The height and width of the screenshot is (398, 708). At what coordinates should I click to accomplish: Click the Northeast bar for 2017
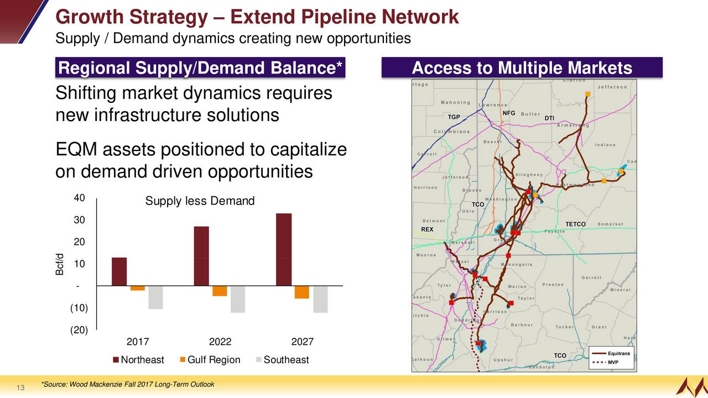[119, 271]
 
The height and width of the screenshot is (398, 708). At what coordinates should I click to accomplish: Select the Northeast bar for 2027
[284, 249]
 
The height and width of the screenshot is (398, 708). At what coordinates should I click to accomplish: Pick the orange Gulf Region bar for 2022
[220, 291]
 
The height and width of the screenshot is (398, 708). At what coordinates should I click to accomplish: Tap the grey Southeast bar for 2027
[320, 299]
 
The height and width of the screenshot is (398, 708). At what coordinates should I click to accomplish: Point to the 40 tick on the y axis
[79, 198]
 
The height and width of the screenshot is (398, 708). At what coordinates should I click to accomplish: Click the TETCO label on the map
[575, 224]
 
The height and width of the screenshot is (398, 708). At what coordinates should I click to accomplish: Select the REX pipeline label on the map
[427, 229]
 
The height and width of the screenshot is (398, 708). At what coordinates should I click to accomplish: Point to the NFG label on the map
[509, 113]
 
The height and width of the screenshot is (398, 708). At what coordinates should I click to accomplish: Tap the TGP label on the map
[454, 117]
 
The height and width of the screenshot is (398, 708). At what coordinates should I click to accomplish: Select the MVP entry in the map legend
[613, 363]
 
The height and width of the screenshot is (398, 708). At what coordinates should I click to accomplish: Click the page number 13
[20, 389]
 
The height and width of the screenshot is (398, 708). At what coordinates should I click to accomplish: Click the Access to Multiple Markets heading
[522, 69]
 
